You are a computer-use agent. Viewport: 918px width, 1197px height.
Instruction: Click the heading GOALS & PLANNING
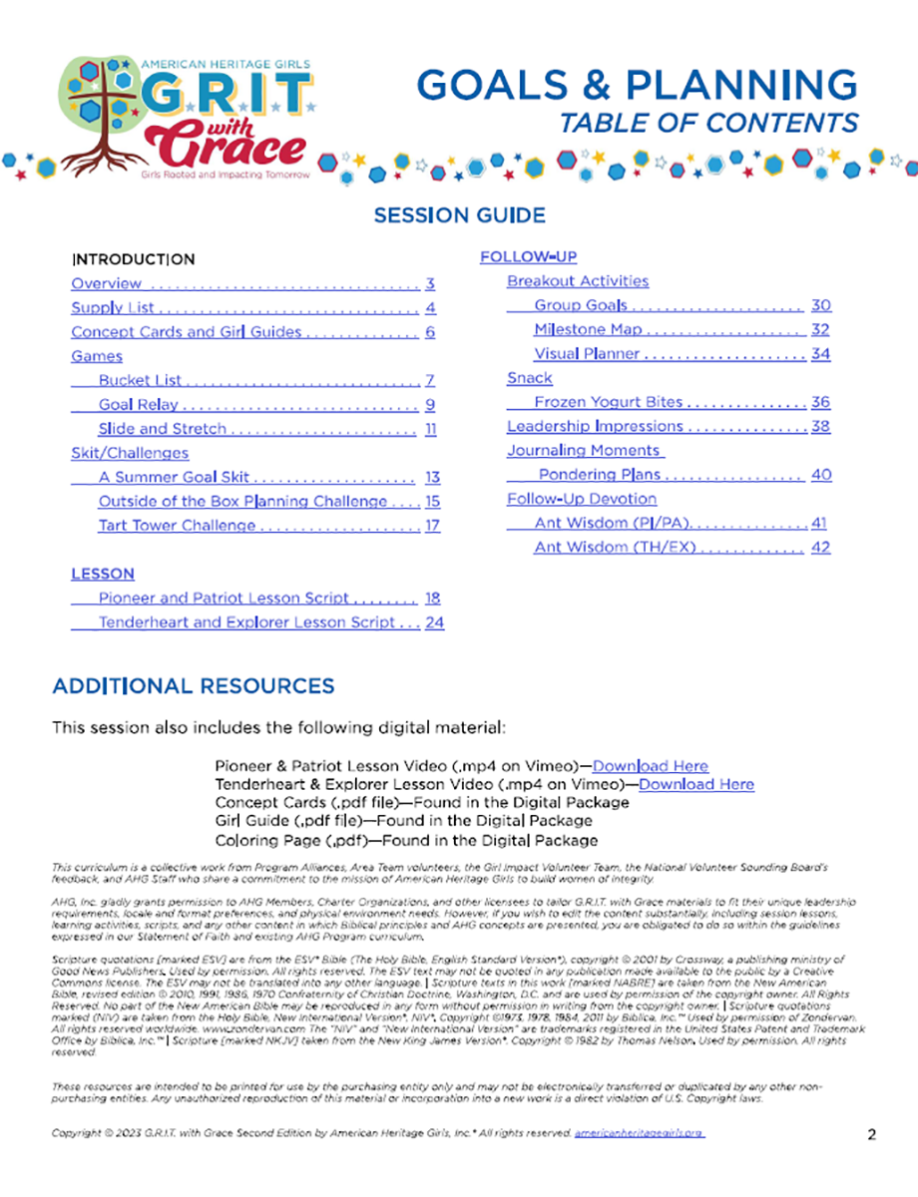pyautogui.click(x=636, y=86)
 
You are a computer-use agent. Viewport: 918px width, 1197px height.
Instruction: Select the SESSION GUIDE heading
pyautogui.click(x=459, y=215)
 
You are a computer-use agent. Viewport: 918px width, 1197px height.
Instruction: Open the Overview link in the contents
pyautogui.click(x=106, y=283)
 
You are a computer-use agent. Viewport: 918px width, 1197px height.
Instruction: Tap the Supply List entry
pyautogui.click(x=113, y=308)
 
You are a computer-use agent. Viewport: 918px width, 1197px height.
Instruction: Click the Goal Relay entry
pyautogui.click(x=139, y=405)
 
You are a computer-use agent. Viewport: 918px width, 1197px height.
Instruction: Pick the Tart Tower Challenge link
pyautogui.click(x=177, y=526)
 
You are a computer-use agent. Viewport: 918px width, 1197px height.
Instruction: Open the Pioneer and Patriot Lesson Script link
pyautogui.click(x=224, y=598)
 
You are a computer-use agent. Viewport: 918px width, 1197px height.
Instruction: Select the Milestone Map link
pyautogui.click(x=588, y=330)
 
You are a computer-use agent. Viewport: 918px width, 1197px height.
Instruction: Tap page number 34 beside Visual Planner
pyautogui.click(x=820, y=354)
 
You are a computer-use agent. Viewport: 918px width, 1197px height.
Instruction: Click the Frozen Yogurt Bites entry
pyautogui.click(x=608, y=403)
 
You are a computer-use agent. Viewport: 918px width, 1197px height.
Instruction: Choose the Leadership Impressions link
pyautogui.click(x=595, y=427)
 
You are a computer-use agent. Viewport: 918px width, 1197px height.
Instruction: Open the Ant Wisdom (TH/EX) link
pyautogui.click(x=615, y=548)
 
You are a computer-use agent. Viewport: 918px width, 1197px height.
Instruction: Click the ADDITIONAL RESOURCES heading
pyautogui.click(x=193, y=686)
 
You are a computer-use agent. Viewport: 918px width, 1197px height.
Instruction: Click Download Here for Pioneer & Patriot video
pyautogui.click(x=650, y=767)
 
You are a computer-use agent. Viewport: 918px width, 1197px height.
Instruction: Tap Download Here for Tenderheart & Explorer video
pyautogui.click(x=695, y=785)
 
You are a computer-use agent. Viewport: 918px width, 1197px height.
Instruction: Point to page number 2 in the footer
pyautogui.click(x=871, y=1134)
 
